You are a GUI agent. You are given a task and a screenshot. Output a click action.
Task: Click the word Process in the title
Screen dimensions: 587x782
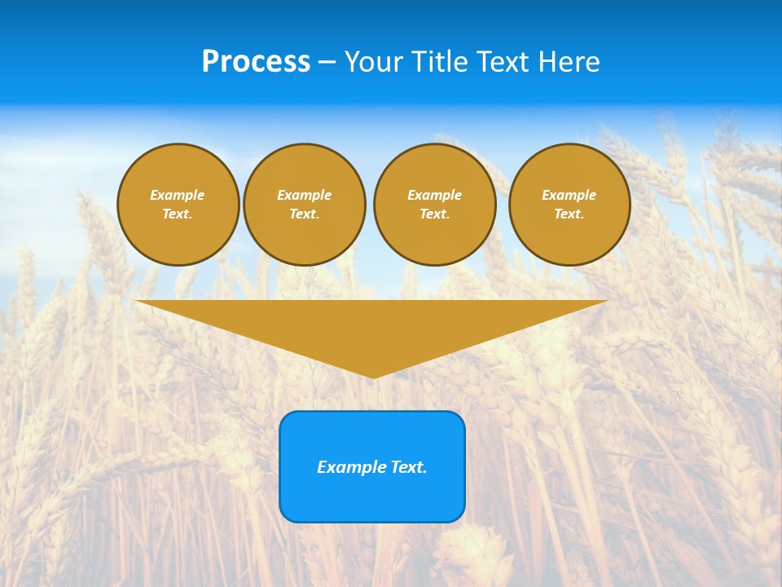tap(256, 62)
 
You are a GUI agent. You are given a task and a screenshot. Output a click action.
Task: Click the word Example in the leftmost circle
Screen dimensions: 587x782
tap(178, 195)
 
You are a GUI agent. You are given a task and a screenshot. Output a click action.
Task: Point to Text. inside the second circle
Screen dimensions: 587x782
tap(304, 214)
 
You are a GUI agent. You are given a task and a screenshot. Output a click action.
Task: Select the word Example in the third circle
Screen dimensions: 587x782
tap(434, 195)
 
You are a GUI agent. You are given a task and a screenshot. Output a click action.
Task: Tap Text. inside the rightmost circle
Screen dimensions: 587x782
tap(569, 214)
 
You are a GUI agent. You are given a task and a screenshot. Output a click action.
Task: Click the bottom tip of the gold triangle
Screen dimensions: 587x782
tap(373, 376)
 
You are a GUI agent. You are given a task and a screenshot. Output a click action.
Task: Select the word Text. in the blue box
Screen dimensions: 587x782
tap(409, 467)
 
